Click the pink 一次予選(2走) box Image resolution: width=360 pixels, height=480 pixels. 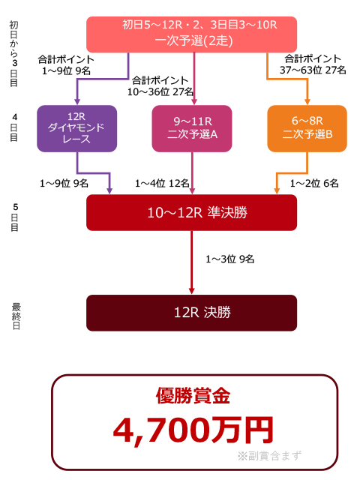(192, 34)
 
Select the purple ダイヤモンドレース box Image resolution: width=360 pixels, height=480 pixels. (76, 128)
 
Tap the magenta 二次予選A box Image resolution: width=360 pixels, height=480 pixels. (192, 128)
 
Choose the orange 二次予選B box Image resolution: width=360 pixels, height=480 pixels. (307, 128)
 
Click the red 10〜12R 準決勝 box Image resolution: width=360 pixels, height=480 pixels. (192, 213)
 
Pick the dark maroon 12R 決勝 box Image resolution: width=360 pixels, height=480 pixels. (192, 313)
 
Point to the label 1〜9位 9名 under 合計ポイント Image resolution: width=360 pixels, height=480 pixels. (66, 71)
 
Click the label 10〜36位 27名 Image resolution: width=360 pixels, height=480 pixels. (160, 91)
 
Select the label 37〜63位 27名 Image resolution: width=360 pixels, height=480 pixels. (313, 70)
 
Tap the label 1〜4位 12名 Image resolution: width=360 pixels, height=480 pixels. (162, 183)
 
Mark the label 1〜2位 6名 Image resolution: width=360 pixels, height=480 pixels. (314, 183)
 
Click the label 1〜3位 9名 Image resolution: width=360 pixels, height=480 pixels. (230, 259)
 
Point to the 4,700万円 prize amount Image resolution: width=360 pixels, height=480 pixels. (193, 430)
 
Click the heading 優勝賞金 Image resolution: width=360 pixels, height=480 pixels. (193, 396)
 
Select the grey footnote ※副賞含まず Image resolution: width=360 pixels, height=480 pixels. (269, 456)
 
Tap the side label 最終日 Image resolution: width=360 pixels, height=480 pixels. (16, 316)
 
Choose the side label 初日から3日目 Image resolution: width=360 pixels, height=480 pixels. (13, 53)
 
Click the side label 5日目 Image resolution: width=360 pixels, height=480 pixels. (15, 217)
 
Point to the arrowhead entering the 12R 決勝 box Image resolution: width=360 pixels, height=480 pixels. (192, 291)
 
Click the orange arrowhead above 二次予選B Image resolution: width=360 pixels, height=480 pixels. (307, 102)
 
